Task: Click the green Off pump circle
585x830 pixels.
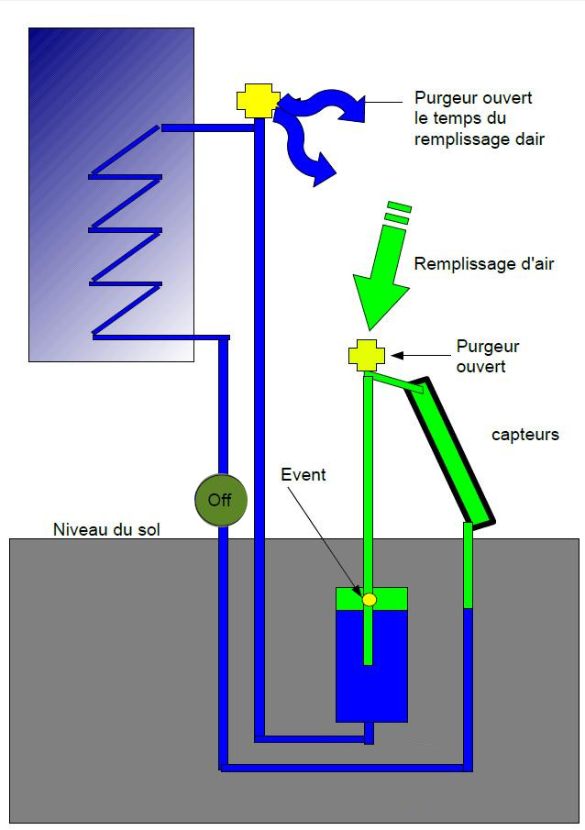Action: click(x=220, y=501)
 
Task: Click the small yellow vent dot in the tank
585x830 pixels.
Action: click(x=370, y=599)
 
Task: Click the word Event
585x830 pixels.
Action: click(x=304, y=475)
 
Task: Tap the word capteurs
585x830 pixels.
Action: click(x=524, y=435)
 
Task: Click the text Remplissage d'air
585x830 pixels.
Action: click(x=484, y=265)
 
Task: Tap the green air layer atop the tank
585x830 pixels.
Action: click(x=348, y=597)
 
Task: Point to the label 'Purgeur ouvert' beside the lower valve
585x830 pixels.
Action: click(x=487, y=356)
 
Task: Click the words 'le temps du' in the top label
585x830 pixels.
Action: click(x=459, y=118)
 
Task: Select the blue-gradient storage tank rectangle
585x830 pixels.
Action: click(x=111, y=193)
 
